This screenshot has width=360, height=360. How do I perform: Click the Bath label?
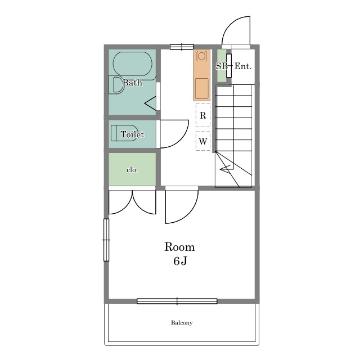(x=132, y=83)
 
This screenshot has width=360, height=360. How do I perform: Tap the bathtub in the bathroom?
(x=133, y=64)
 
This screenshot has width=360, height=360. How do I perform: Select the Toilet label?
(x=132, y=134)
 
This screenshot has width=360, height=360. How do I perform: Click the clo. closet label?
(x=132, y=170)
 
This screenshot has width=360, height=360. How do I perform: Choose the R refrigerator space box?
(x=203, y=115)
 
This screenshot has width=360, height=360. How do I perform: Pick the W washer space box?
(x=203, y=141)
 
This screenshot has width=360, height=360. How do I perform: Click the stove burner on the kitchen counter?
(x=202, y=56)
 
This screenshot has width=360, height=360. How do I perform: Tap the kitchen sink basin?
(x=202, y=88)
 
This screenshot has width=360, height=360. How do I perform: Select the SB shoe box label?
(x=222, y=66)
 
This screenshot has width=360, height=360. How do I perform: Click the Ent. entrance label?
(x=243, y=66)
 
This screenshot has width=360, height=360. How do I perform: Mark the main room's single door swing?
(x=188, y=214)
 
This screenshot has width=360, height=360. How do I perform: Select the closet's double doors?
(x=132, y=202)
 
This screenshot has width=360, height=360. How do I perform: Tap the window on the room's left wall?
(x=106, y=240)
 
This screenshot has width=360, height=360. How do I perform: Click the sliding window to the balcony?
(x=177, y=301)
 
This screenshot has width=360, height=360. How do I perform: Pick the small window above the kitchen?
(x=182, y=47)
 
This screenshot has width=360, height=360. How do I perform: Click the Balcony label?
(x=182, y=323)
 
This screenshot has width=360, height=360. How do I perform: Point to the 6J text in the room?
(x=180, y=261)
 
